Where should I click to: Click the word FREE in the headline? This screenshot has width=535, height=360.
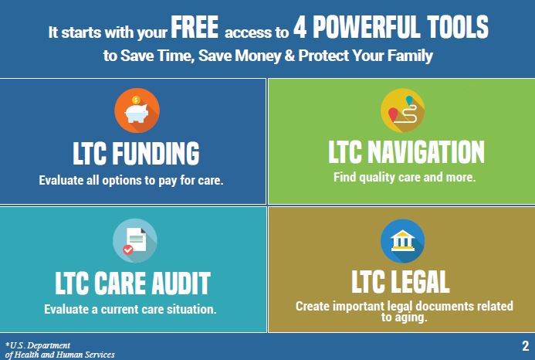[x=195, y=27]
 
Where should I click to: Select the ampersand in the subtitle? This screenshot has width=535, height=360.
[x=290, y=56]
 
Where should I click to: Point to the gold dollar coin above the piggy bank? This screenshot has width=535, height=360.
[x=136, y=100]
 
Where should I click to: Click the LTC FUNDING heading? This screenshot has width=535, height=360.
[x=136, y=154]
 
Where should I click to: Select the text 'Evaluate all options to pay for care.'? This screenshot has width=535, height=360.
[x=131, y=180]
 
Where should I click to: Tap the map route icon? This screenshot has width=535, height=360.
[x=403, y=110]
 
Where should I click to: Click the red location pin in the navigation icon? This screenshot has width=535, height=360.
[x=394, y=114]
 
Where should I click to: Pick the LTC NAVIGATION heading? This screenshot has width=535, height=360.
[x=406, y=152]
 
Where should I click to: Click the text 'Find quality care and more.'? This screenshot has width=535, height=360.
[x=405, y=177]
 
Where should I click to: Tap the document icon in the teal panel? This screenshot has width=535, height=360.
[x=135, y=240]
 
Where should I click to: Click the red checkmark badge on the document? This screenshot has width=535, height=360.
[x=128, y=250]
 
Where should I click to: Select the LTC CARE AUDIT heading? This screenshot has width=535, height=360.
[x=133, y=284]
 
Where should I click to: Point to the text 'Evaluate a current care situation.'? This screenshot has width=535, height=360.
[x=130, y=309]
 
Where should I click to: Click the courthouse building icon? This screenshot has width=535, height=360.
[x=403, y=241]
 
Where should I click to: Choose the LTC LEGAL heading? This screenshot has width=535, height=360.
[x=401, y=282]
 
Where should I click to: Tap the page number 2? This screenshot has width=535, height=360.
[x=526, y=345]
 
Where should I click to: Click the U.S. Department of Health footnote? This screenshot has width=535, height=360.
[x=59, y=350]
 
